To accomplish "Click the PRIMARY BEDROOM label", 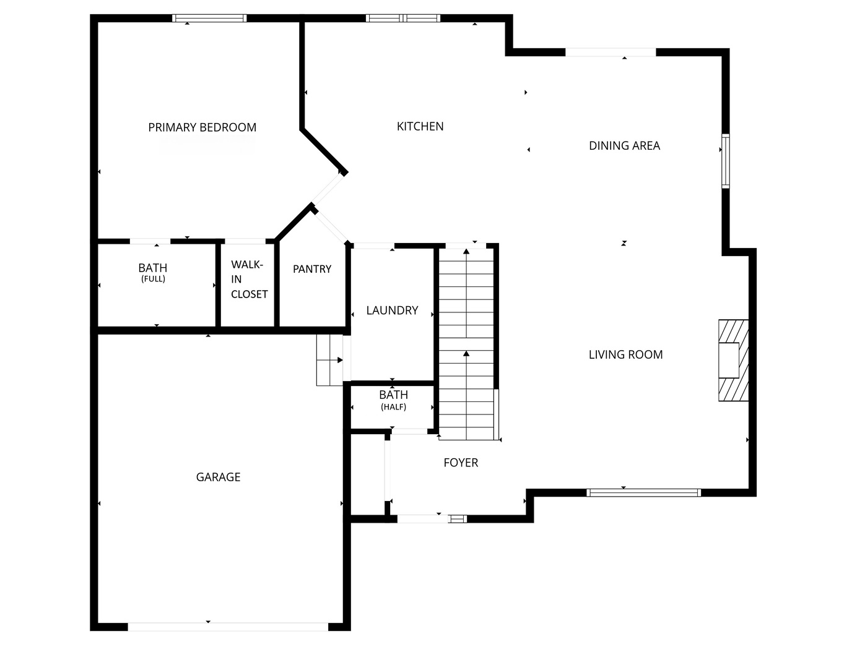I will pos(202,127).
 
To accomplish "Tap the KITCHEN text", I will pos(420,126).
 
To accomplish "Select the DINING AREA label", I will pos(624,146).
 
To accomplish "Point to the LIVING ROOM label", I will pos(625,354).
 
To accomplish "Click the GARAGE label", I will pos(218,477).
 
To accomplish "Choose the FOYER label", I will pos(461,463).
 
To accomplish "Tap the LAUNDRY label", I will pos(392,310).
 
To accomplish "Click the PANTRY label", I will pos(312,269).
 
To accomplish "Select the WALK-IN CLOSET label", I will pos(249,280).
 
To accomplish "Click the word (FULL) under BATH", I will pos(153,279).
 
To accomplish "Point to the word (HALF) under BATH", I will pos(393,407).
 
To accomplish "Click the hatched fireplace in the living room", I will pos(733,360).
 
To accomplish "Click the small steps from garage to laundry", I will pos(329,360).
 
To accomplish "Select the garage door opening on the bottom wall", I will pos(227,627).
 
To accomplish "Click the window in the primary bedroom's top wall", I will pos(209,19).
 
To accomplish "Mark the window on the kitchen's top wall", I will pos(403,19).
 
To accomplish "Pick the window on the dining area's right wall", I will pos(725,160).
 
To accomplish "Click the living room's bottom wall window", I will pos(643,492).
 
